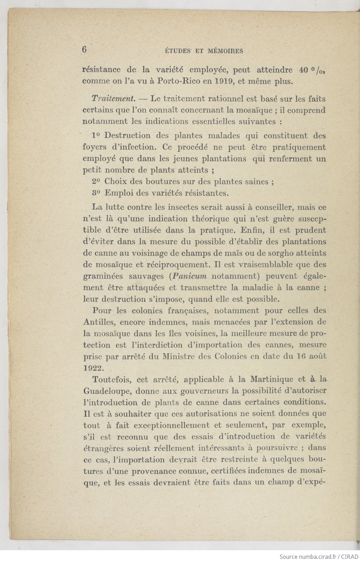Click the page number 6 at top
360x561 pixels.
point(85,49)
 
